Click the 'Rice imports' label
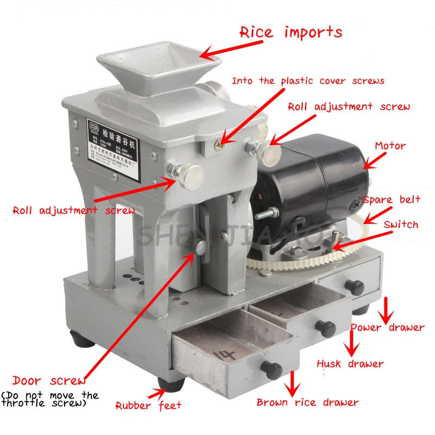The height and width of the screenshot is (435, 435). pos(291,32)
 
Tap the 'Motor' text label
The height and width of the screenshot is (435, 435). pos(390,146)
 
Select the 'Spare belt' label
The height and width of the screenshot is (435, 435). pos(391,200)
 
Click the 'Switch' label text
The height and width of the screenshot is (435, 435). pos(401,224)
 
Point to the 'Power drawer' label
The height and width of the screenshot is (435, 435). pos(387,327)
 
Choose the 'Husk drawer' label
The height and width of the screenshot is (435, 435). pos(350,363)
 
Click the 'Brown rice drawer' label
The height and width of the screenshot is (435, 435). pos(307,402)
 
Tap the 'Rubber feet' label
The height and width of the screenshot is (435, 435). pos(148,405)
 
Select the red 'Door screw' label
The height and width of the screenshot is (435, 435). pos(49,381)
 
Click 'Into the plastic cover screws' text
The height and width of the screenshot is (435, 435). pos(308,81)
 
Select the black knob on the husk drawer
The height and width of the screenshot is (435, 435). pos(325,328)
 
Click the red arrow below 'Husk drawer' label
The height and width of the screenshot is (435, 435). pos(351,343)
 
